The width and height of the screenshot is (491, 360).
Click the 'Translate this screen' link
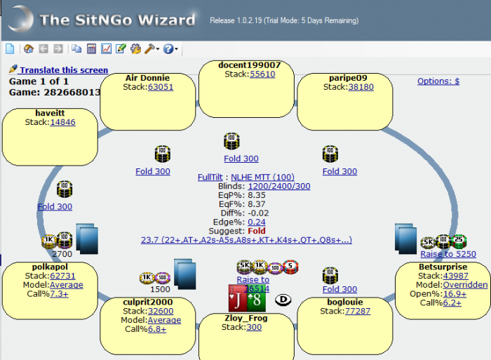pyautogui.click(x=63, y=70)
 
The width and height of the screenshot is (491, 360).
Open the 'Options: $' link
pyautogui.click(x=438, y=81)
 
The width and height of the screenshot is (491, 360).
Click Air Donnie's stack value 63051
pyautogui.click(x=160, y=87)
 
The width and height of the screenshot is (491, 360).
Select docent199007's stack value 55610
pyautogui.click(x=262, y=74)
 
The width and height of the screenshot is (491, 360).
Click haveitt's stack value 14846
pyautogui.click(x=62, y=122)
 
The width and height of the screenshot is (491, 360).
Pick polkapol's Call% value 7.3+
pyautogui.click(x=59, y=294)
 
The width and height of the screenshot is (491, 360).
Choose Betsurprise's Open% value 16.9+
pyautogui.click(x=455, y=294)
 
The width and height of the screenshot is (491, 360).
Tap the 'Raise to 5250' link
pyautogui.click(x=448, y=254)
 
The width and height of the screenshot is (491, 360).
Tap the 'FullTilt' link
pyautogui.click(x=211, y=178)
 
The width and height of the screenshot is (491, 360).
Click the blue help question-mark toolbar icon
pyautogui.click(x=168, y=48)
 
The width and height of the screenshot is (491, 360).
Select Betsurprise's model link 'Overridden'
pyautogui.click(x=462, y=285)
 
